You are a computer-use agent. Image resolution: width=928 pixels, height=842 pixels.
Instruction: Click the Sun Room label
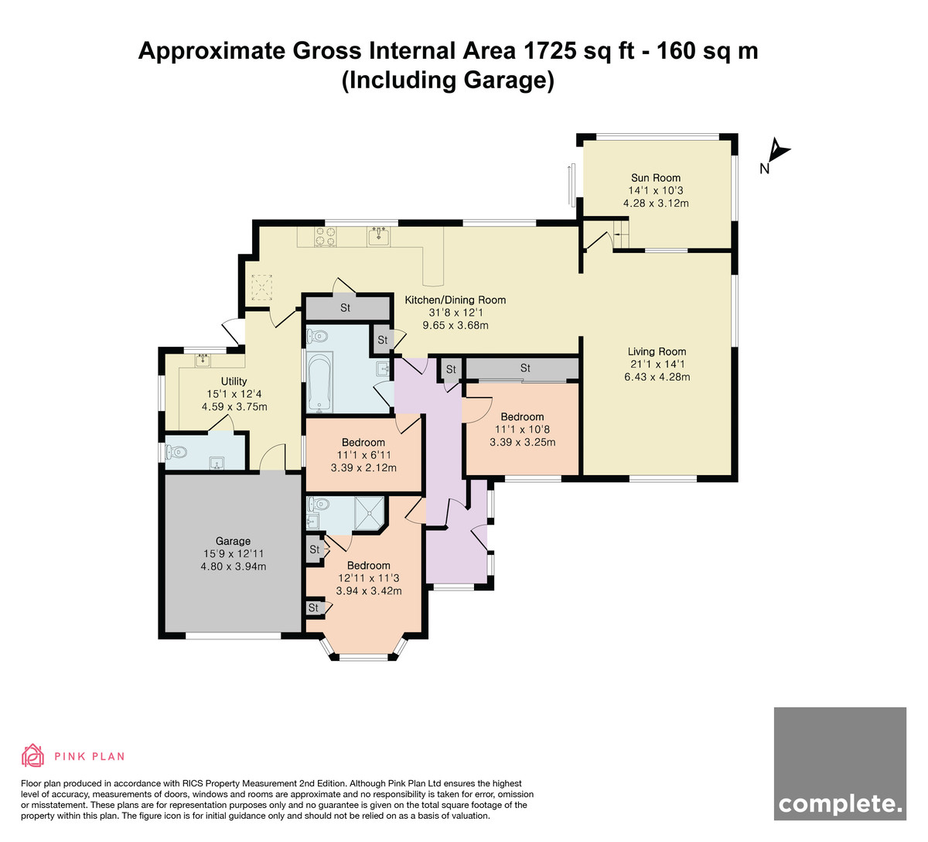point(656,178)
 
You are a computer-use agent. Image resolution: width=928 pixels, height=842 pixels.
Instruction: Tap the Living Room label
point(657,351)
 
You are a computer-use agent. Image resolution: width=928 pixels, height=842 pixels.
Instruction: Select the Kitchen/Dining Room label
point(455,300)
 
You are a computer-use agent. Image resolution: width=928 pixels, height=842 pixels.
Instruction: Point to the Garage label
point(233,541)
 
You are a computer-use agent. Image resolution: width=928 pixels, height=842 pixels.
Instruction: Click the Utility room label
point(234,382)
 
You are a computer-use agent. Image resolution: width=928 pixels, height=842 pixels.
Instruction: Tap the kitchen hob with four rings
point(325,237)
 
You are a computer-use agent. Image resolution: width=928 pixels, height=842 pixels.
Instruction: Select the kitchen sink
point(380,236)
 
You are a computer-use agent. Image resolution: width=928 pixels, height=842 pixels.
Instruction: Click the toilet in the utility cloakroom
point(176,451)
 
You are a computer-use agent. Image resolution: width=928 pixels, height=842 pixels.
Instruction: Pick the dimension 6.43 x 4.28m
point(657,377)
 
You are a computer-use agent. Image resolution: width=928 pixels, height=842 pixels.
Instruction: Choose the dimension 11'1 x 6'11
point(363,455)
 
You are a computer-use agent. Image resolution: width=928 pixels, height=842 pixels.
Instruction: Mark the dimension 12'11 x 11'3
point(369,578)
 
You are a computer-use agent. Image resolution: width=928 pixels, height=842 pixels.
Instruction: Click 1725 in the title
point(550,50)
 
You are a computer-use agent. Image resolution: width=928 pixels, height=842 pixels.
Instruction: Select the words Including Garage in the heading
point(448,80)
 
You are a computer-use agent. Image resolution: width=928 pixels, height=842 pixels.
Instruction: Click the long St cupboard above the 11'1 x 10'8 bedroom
point(522,368)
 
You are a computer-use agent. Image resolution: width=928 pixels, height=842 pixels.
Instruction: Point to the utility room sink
point(203,360)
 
